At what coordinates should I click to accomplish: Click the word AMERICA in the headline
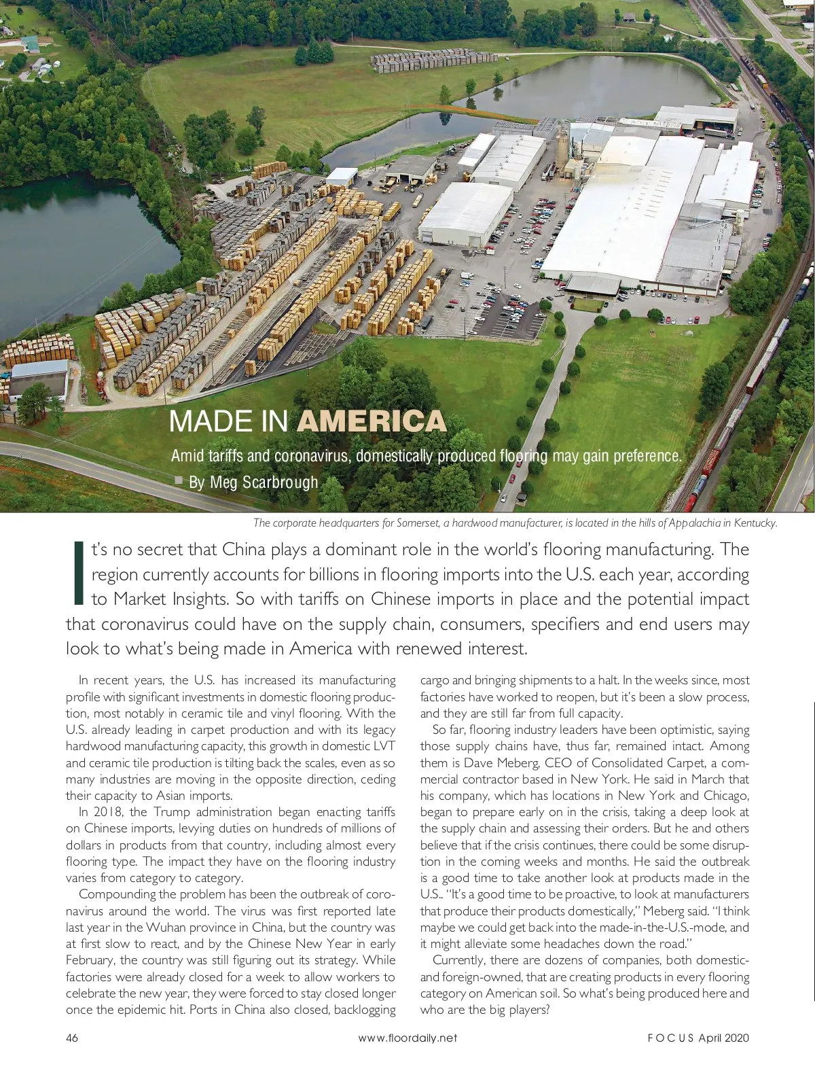[x=372, y=421]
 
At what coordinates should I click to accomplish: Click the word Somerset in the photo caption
[x=417, y=523]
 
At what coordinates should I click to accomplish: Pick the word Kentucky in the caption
[x=754, y=523]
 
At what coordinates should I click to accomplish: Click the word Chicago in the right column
[x=723, y=796]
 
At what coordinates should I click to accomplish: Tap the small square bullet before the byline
[x=179, y=480]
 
